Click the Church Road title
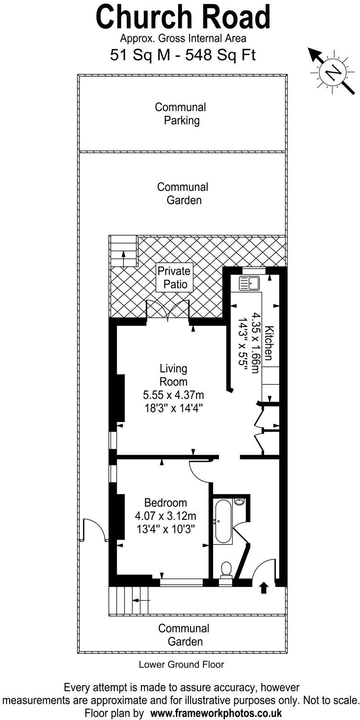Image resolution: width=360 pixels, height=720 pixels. (183, 17)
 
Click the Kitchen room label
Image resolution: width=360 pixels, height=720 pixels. (270, 343)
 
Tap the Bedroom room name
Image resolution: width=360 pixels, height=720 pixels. (165, 503)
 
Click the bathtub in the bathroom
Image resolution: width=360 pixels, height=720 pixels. (222, 522)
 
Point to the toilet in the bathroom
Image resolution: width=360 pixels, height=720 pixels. (225, 570)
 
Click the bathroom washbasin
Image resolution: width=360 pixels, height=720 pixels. (239, 502)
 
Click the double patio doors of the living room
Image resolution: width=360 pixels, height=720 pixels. (168, 309)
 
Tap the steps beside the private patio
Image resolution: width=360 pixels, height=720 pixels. (123, 251)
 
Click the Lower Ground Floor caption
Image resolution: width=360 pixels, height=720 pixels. (181, 664)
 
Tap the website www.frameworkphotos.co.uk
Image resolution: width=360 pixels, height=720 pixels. (216, 714)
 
